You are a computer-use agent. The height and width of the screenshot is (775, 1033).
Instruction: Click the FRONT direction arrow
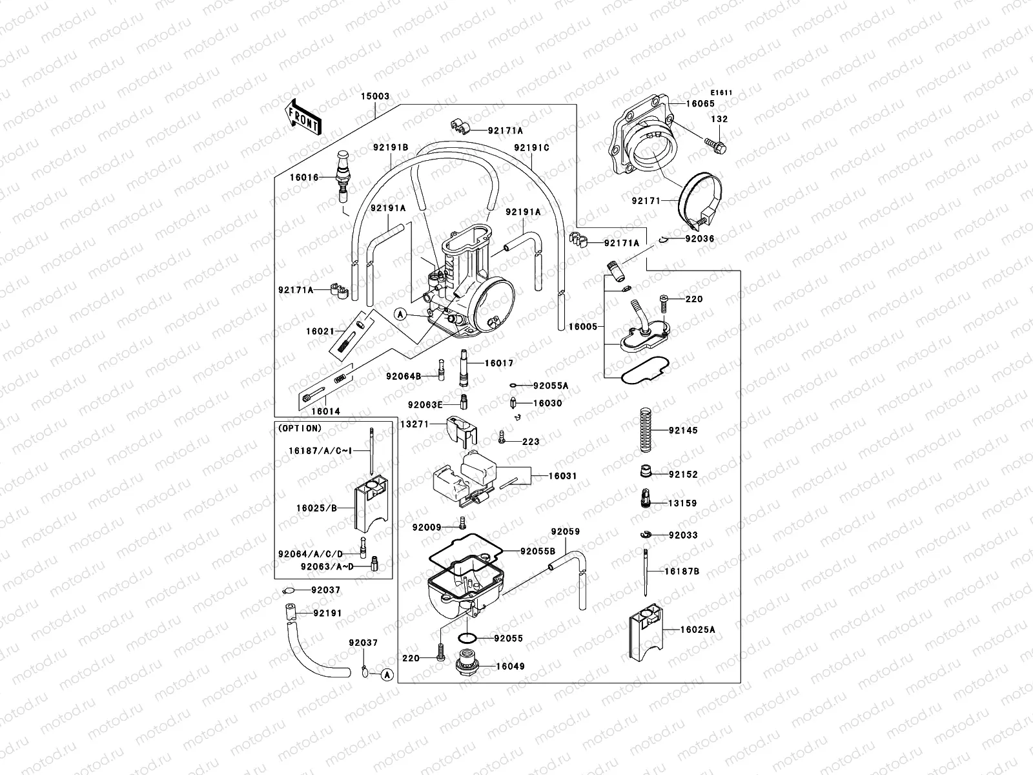pyautogui.click(x=303, y=117)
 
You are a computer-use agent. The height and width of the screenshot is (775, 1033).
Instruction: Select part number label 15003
pyautogui.click(x=374, y=96)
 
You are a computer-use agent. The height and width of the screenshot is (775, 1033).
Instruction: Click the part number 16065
pyautogui.click(x=700, y=103)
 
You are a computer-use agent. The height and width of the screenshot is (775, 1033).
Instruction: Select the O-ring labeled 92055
pyautogui.click(x=467, y=638)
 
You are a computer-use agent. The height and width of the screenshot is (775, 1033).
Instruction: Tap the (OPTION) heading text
pyautogui.click(x=299, y=428)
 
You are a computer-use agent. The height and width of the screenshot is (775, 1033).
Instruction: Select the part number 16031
pyautogui.click(x=562, y=476)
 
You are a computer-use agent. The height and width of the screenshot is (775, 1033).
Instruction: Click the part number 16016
pyautogui.click(x=303, y=177)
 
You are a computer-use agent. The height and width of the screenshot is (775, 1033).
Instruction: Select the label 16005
pyautogui.click(x=582, y=327)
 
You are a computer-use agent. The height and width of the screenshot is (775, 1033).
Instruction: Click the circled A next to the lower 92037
pyautogui.click(x=386, y=675)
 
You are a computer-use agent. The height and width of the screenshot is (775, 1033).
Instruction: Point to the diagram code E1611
pyautogui.click(x=722, y=92)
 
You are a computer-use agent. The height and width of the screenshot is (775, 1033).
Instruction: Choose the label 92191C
pyautogui.click(x=531, y=147)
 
